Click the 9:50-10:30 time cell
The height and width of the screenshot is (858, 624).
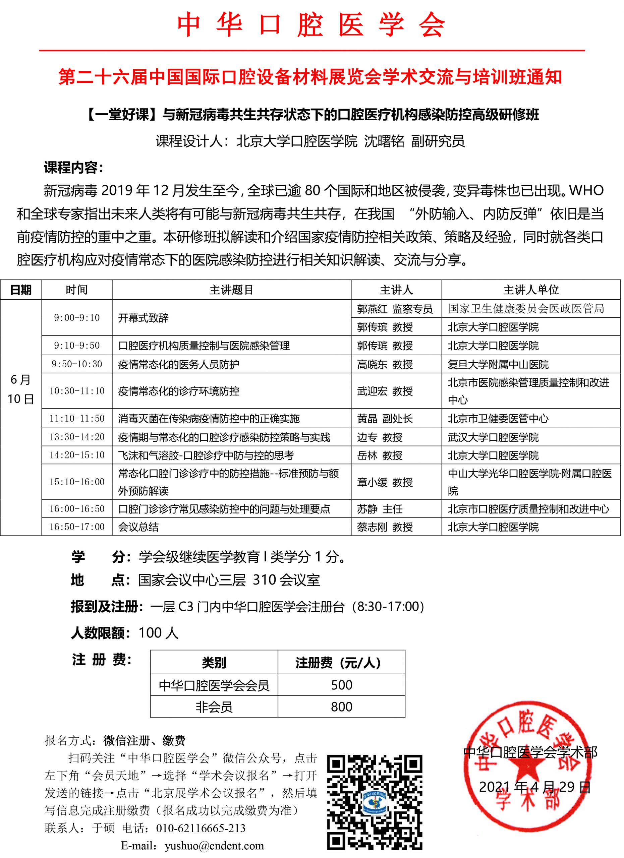77,364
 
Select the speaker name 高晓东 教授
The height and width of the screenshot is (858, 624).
385,365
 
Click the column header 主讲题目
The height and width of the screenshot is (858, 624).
231,290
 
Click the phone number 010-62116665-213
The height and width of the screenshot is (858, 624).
201,828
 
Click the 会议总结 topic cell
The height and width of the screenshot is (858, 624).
138,527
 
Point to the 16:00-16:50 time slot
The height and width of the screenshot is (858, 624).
77,509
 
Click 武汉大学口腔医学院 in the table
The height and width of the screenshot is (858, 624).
493,438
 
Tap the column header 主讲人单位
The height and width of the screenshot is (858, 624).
531,290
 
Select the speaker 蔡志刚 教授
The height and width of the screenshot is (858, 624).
385,527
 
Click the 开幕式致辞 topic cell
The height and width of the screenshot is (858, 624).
143,318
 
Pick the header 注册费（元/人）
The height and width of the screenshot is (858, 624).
338,663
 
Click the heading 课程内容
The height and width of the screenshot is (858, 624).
73,168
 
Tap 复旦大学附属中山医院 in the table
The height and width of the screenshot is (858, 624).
498,365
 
